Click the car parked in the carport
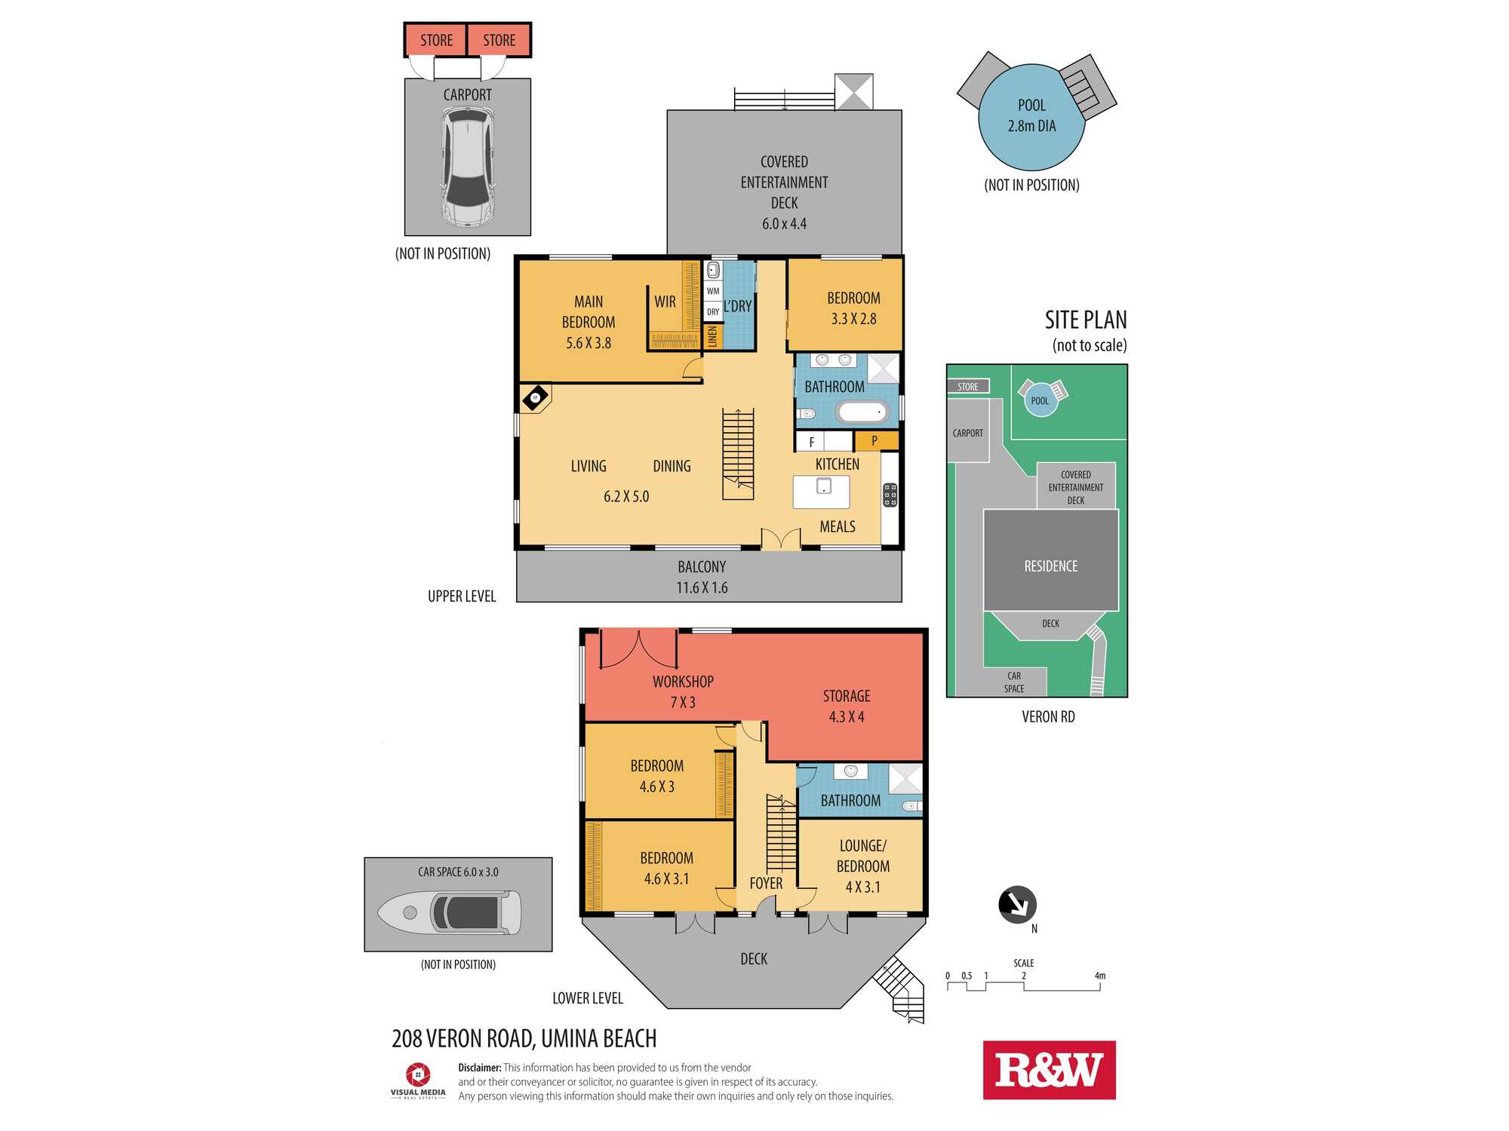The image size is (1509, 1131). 468,167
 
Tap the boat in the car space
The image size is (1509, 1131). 449,912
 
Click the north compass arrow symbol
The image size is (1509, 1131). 1017,904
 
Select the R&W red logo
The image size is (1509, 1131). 1049,1070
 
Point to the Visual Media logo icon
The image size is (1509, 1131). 418,1074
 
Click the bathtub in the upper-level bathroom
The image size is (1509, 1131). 862,412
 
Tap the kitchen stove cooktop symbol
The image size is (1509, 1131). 890,495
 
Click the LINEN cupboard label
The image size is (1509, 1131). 713,336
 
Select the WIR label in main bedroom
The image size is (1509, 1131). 665,302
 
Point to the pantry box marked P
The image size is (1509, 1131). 876,440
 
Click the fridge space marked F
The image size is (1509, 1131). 811,442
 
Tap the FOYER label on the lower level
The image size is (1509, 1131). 766,883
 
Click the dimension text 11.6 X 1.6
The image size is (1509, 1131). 702,587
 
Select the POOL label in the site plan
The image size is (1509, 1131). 1040,401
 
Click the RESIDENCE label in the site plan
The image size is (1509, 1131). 1050,566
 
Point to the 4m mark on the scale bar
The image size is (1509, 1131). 1100,976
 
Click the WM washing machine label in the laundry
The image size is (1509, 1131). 713,291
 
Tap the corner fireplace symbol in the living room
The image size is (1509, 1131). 535,397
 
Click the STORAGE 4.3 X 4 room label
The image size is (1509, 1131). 847,706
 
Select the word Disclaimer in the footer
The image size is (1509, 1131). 479,1068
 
